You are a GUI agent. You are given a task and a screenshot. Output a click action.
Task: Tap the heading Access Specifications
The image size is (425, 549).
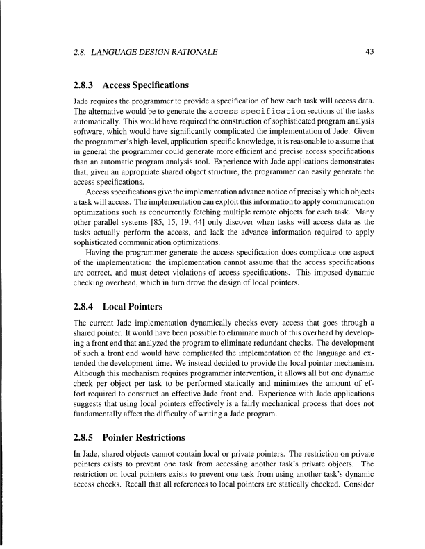click(145, 85)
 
